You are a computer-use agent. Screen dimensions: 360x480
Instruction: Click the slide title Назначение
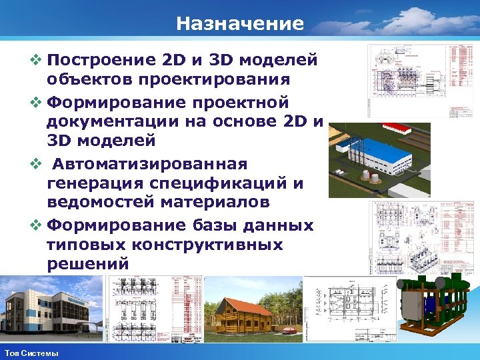pos(240,25)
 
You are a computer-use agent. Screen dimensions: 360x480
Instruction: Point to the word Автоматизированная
pos(150,163)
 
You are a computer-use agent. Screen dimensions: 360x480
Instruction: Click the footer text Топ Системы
pos(31,352)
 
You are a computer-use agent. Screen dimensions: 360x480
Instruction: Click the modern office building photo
pos(50,310)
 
